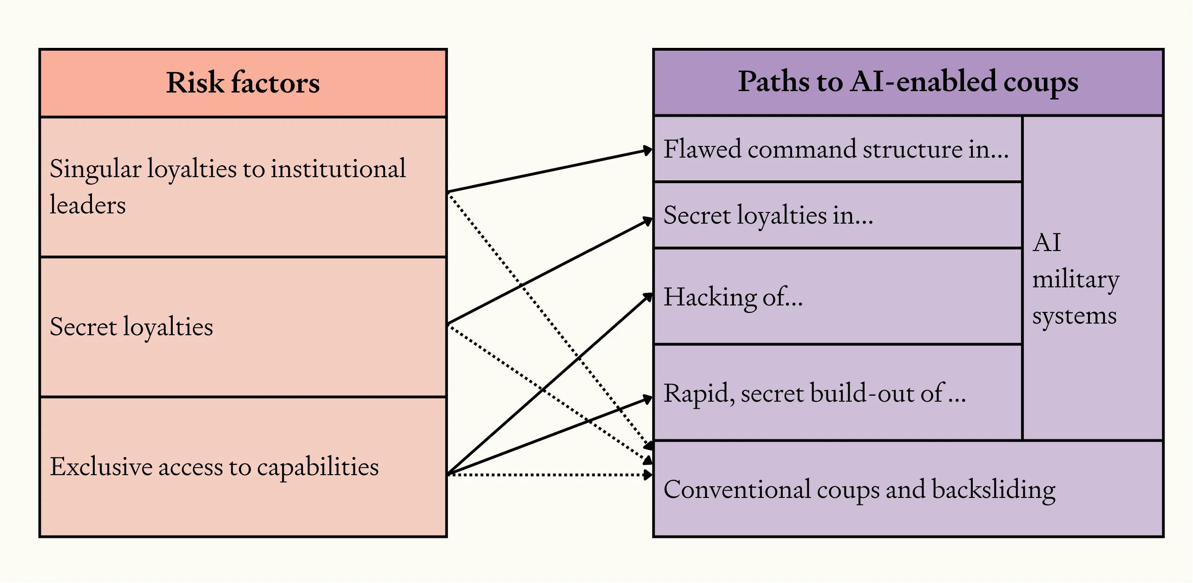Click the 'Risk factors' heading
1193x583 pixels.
click(243, 83)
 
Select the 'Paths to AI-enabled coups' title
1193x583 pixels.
click(908, 82)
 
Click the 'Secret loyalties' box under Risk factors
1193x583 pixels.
click(243, 327)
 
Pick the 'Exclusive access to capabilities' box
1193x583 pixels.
click(243, 467)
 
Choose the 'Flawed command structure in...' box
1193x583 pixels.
click(836, 149)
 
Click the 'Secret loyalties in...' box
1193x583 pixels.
click(836, 215)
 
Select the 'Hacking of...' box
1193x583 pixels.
click(836, 297)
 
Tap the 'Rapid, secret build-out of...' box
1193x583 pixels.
click(836, 393)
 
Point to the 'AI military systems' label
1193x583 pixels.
click(1075, 279)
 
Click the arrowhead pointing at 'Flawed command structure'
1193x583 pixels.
click(648, 150)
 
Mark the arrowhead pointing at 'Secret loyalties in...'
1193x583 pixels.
click(648, 220)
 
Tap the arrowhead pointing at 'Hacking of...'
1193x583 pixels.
click(648, 297)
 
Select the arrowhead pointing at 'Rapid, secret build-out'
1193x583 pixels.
click(648, 398)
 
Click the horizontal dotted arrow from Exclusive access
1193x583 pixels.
click(548, 475)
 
